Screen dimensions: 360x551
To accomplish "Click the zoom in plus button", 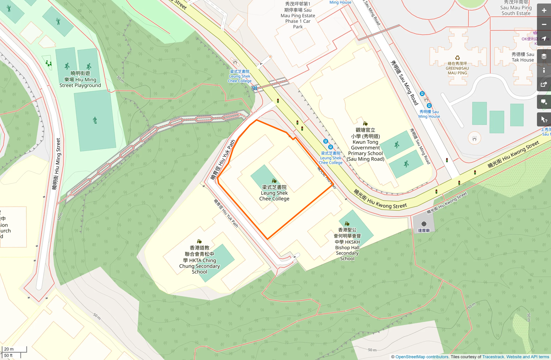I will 544,11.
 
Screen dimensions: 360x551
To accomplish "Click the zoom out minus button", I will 544,25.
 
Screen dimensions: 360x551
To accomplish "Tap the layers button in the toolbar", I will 544,56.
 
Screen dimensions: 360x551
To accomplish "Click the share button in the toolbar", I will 544,84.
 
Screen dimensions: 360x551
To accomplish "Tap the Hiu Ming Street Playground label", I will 80,79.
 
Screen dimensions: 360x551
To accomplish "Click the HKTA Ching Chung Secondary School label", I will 199,260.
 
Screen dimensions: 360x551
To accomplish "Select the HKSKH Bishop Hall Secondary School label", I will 347,244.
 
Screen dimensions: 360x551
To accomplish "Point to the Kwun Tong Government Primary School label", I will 365,145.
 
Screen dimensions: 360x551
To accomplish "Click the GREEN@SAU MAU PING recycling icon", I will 457,58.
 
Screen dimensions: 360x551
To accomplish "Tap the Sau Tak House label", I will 523,57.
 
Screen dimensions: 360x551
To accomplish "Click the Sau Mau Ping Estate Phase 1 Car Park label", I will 298,16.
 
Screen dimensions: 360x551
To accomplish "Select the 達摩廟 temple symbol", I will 424,224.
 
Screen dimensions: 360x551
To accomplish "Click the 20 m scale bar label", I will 9,349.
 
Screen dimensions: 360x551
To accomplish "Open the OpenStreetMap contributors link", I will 422,357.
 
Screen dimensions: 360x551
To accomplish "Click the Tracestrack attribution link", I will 493,357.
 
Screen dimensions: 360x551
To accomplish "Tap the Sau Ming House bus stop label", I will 429,114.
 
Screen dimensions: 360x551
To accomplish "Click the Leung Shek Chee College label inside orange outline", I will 274,193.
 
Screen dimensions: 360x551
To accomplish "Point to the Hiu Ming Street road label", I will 56,164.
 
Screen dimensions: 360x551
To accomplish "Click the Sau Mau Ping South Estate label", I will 516,8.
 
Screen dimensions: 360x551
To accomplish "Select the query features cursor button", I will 544,119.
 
